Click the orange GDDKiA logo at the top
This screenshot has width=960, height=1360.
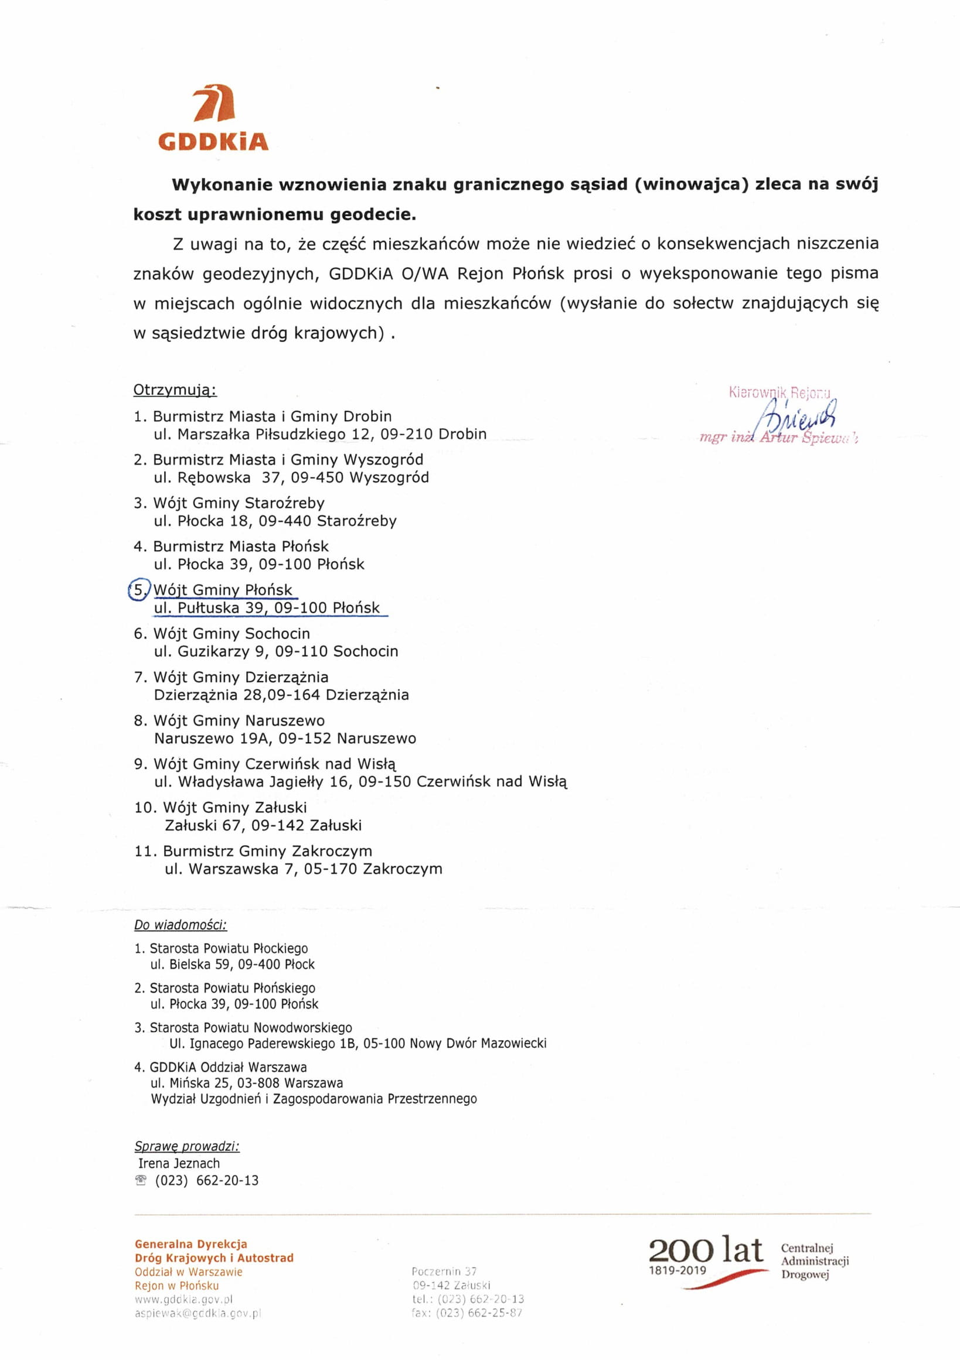click(213, 118)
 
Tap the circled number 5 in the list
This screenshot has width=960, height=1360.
click(139, 590)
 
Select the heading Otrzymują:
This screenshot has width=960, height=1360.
click(175, 389)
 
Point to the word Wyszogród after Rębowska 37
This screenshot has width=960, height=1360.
click(389, 477)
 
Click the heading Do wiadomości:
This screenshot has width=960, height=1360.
click(180, 925)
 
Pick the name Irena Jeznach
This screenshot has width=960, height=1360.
click(178, 1163)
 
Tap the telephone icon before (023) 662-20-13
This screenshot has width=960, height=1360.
click(141, 1181)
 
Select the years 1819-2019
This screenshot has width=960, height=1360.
click(678, 1270)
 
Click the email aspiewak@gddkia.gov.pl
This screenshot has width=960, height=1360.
click(198, 1313)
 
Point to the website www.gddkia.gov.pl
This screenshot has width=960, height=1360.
click(183, 1300)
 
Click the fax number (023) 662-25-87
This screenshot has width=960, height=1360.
click(479, 1313)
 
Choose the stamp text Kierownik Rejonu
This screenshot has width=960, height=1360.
click(780, 392)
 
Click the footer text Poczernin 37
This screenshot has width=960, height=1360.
click(444, 1271)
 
